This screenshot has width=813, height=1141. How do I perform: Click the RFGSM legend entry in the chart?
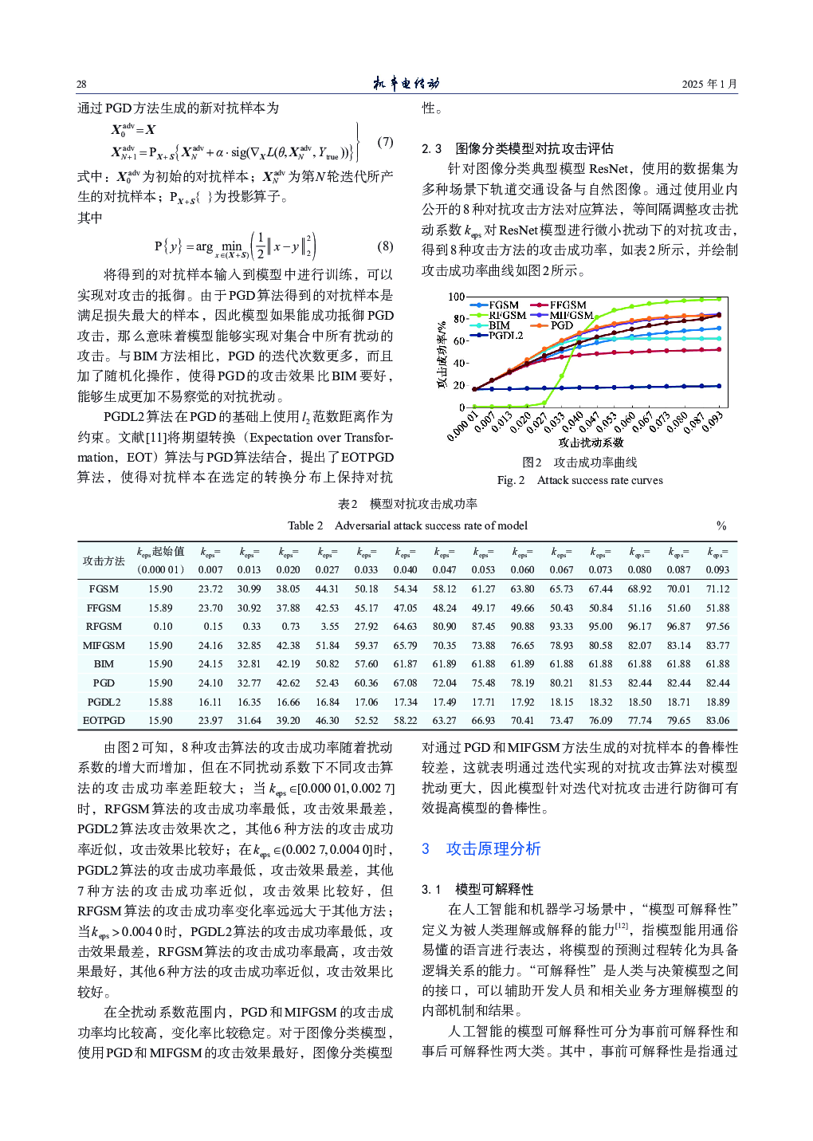[x=507, y=315]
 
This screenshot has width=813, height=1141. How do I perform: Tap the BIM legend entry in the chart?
[x=499, y=325]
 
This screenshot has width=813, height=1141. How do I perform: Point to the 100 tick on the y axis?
[x=456, y=297]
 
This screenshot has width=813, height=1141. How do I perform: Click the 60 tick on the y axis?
[x=459, y=340]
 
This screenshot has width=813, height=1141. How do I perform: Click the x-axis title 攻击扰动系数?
[x=591, y=443]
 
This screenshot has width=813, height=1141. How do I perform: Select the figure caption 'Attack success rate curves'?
[x=599, y=480]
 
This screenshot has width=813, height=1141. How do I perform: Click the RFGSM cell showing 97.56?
[x=717, y=627]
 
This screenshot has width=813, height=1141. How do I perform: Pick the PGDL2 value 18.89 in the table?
[x=717, y=702]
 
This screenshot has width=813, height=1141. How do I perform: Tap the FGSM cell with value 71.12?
[x=717, y=589]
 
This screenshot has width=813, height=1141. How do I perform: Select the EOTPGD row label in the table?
[x=104, y=721]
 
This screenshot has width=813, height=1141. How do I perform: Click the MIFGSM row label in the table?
[x=104, y=646]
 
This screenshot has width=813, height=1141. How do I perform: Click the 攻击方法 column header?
[x=104, y=561]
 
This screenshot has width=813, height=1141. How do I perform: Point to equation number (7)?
[x=385, y=142]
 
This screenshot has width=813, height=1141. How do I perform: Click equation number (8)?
[x=385, y=246]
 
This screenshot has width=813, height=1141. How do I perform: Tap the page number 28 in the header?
[x=81, y=84]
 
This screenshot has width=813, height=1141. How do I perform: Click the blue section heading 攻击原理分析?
[x=493, y=848]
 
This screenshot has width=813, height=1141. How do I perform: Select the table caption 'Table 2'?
[x=305, y=525]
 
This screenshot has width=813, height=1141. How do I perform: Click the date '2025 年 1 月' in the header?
[x=709, y=84]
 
